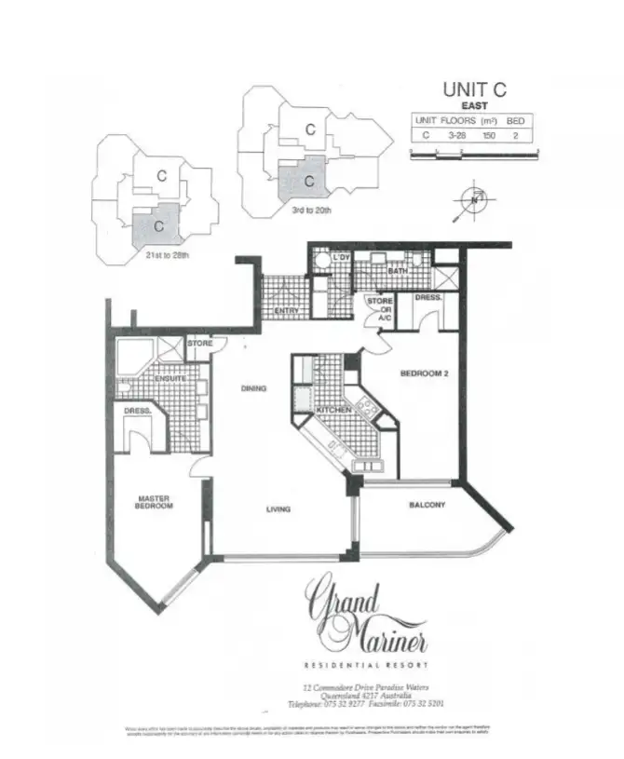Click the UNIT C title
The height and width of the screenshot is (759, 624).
474,91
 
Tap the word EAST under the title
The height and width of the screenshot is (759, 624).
475,107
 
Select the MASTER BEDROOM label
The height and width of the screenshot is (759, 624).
153,502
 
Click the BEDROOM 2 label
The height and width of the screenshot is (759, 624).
425,373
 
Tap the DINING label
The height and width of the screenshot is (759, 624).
255,388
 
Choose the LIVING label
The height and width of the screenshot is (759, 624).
278,508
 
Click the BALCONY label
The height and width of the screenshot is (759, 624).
427,506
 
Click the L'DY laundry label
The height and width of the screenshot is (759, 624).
341,257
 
